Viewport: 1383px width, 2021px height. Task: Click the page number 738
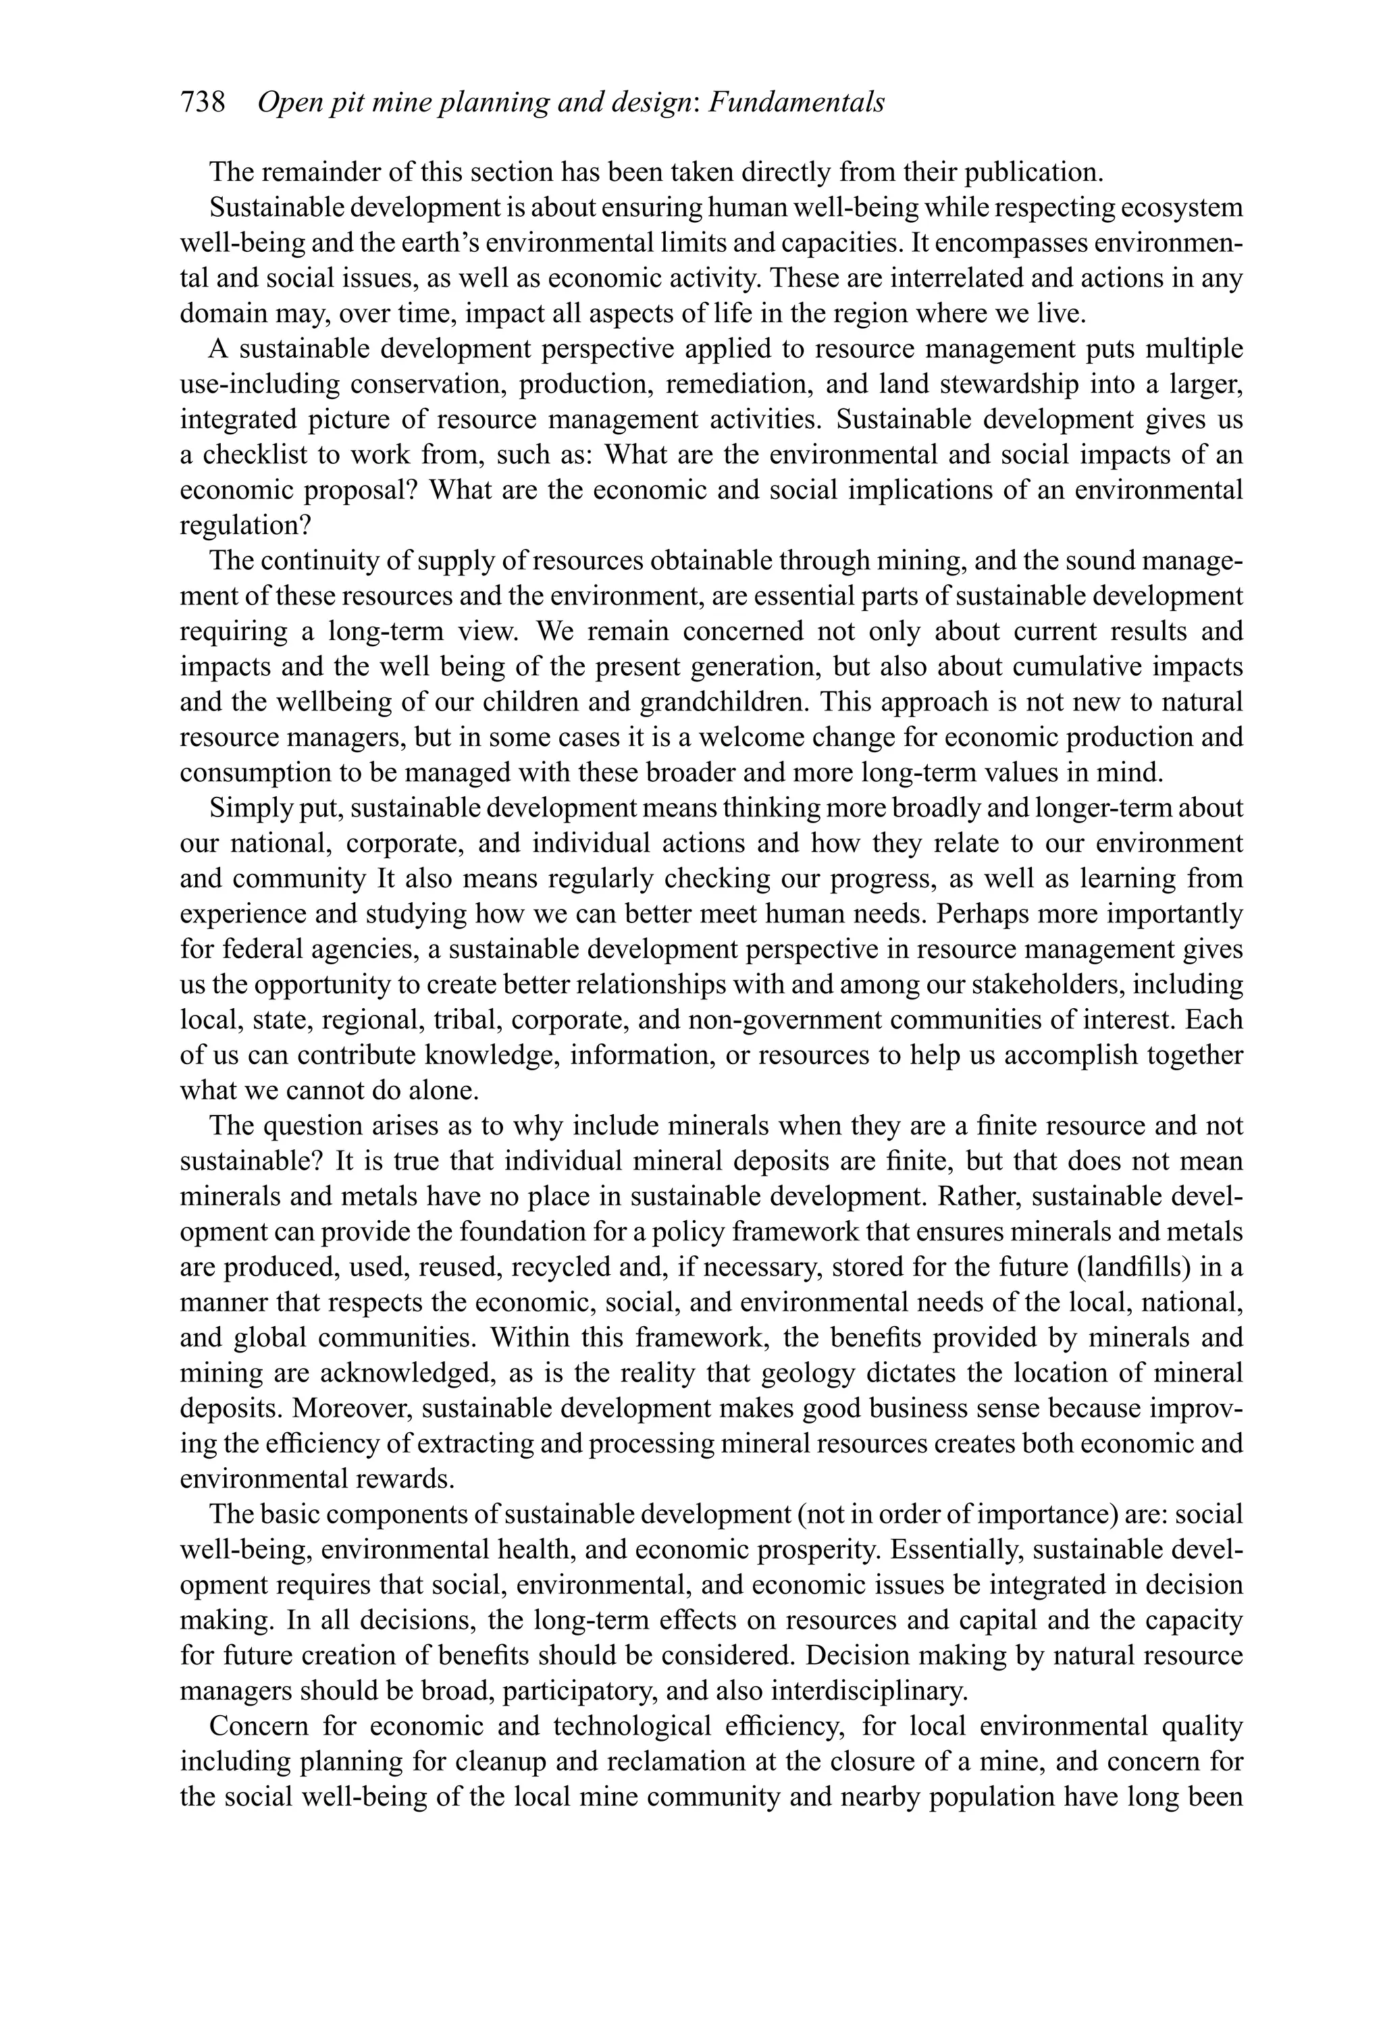(x=203, y=103)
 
